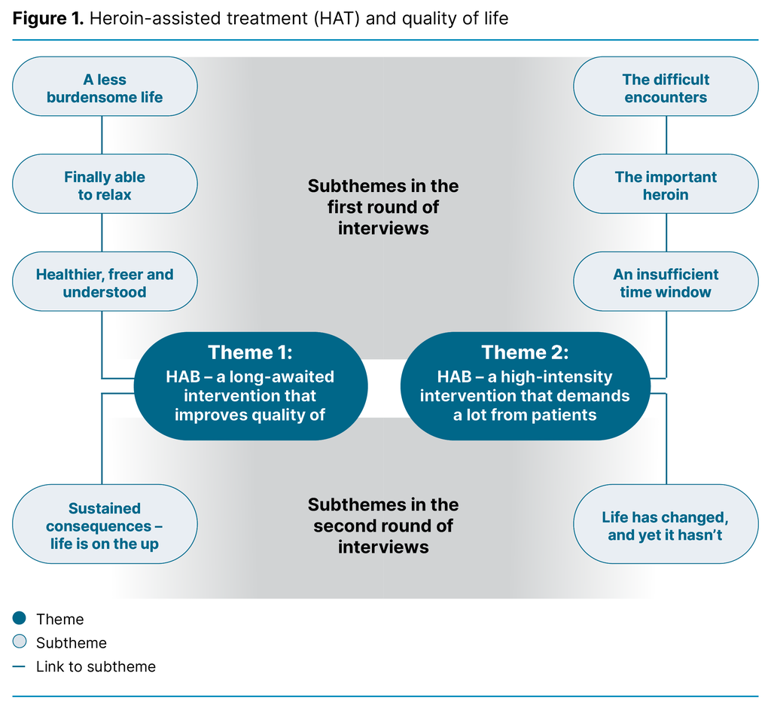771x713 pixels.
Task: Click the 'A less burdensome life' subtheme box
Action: [x=105, y=88]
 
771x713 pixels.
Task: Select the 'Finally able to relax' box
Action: [x=105, y=185]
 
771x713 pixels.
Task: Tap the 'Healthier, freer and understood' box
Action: [x=105, y=282]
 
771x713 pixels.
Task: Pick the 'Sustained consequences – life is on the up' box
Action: [x=105, y=526]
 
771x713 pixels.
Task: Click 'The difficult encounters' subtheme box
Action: [x=666, y=88]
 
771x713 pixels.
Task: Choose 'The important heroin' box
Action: [x=666, y=185]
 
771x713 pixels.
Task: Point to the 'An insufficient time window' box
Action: [x=666, y=282]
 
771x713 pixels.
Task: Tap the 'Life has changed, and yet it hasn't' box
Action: [x=666, y=526]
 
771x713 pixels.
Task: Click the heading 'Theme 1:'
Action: [x=250, y=352]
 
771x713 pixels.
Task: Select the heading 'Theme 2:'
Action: [x=525, y=352]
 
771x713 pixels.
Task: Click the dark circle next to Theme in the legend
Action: [x=20, y=619]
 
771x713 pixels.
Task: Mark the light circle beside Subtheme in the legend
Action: [x=20, y=642]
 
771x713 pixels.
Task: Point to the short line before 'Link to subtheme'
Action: [x=20, y=666]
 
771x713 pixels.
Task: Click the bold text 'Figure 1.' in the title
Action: [x=47, y=18]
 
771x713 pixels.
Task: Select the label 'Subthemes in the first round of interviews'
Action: [x=383, y=207]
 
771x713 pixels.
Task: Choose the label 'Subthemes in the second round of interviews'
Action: [x=383, y=526]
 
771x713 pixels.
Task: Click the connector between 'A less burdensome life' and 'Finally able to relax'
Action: [x=102, y=136]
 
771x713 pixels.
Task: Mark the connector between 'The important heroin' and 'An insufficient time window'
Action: [x=666, y=233]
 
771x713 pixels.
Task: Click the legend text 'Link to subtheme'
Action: [x=96, y=666]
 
